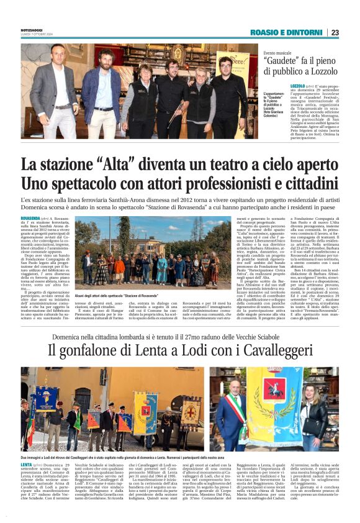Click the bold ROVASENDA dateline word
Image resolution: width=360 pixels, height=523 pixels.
point(30,219)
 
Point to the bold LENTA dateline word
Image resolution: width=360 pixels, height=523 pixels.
point(26,464)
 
